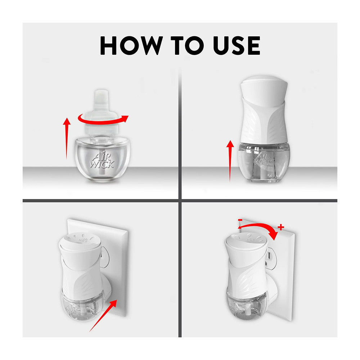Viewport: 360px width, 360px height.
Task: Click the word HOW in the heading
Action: [x=131, y=45]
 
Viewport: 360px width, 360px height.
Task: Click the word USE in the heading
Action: [x=237, y=45]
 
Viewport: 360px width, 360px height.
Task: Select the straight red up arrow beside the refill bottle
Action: [x=67, y=139]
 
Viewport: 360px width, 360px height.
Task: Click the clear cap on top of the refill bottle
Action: [x=101, y=112]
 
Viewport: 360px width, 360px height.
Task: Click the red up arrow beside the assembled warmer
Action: [x=230, y=161]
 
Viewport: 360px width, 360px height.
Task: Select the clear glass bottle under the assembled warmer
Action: [x=264, y=163]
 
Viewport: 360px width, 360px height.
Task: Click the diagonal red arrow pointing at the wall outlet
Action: [x=103, y=315]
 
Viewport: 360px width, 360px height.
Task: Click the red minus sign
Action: [x=240, y=220]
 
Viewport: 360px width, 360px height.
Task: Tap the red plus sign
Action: [x=281, y=227]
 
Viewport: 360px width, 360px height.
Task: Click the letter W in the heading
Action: [x=150, y=45]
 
